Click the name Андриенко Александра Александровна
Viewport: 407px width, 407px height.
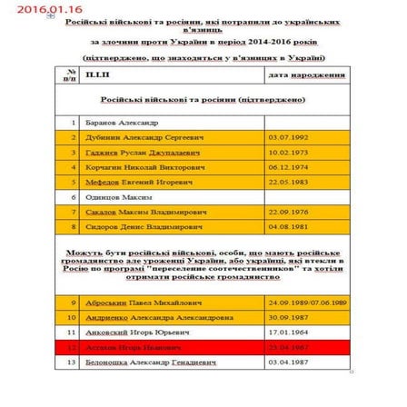[153, 317]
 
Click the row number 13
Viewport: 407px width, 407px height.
[72, 362]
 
